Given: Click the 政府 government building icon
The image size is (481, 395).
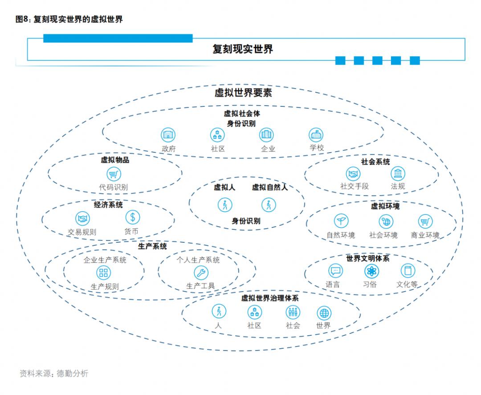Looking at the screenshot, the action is point(168,134).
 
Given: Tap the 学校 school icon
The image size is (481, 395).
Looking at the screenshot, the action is point(316,134).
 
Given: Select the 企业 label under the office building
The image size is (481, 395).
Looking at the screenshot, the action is point(268,149).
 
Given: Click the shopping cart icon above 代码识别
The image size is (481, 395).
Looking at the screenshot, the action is point(114,174).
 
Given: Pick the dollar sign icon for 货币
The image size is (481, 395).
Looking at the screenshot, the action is point(133,217).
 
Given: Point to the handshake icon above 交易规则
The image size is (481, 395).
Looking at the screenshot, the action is point(82,218).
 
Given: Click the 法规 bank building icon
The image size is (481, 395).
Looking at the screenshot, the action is point(398,174).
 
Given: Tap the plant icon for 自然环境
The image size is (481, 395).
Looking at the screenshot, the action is point(341,221).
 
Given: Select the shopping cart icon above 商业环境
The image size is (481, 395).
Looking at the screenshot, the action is point(425,221).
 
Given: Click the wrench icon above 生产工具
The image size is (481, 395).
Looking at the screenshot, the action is point(201,273).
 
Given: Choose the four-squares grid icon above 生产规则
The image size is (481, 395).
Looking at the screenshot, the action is point(103,273).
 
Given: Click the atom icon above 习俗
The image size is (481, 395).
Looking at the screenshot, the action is point(371,271).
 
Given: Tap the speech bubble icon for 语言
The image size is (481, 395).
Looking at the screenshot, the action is point(335,271).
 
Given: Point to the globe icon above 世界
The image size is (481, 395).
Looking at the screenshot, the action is point(324,313).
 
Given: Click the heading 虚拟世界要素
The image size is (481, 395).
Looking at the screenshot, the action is point(243,92).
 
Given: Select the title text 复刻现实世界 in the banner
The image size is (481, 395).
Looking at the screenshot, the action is point(243,49).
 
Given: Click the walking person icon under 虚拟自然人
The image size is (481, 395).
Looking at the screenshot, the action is point(269,204).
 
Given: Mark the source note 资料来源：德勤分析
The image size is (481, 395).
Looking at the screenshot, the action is point(54,373).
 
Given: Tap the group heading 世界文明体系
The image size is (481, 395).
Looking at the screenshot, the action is point(368,259).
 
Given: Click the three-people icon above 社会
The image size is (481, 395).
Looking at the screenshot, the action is point(293,312).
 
